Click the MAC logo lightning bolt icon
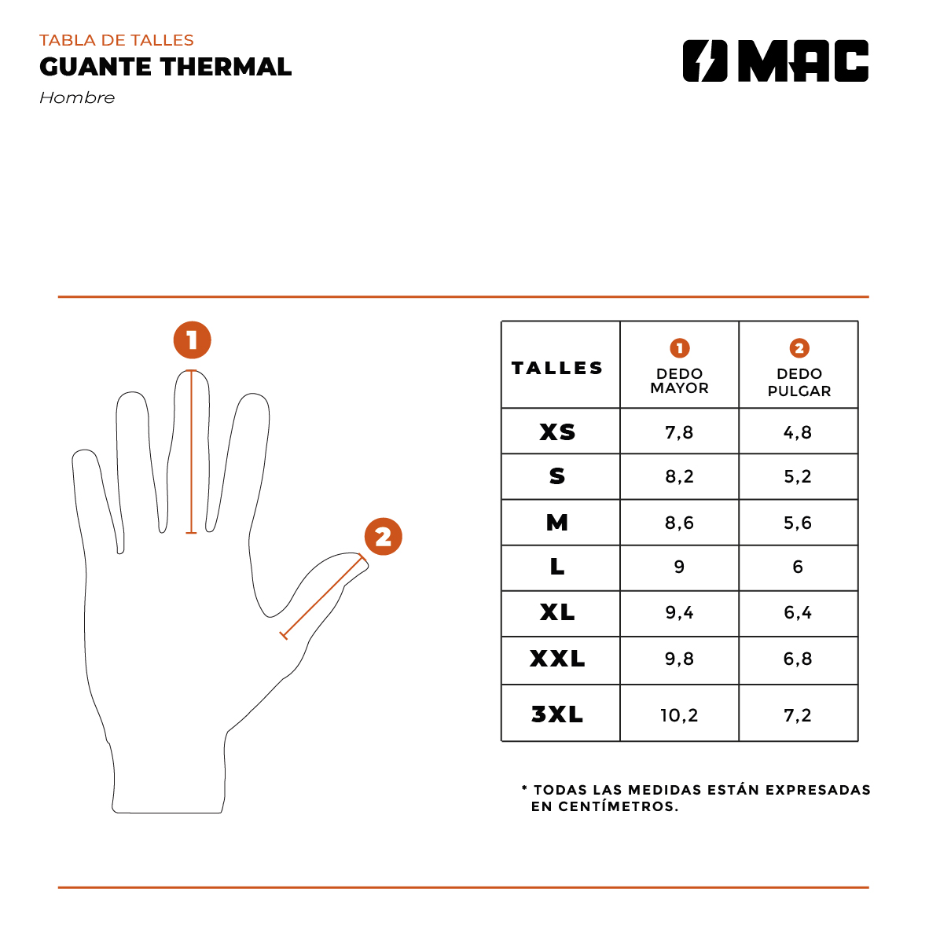point(705,61)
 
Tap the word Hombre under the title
point(77,98)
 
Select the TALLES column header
point(557,368)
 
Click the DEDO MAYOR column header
point(679,380)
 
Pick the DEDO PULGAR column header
point(799,382)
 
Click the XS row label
point(557,432)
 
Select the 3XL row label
point(557,714)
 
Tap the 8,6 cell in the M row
point(679,523)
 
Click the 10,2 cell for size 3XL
point(679,715)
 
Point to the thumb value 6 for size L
point(798,567)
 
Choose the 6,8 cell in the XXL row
point(798,659)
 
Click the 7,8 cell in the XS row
point(679,432)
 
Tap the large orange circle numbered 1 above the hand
point(192,340)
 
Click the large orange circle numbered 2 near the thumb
point(383,537)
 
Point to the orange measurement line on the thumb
point(323,596)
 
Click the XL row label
point(557,612)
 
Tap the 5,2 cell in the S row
point(798,477)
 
